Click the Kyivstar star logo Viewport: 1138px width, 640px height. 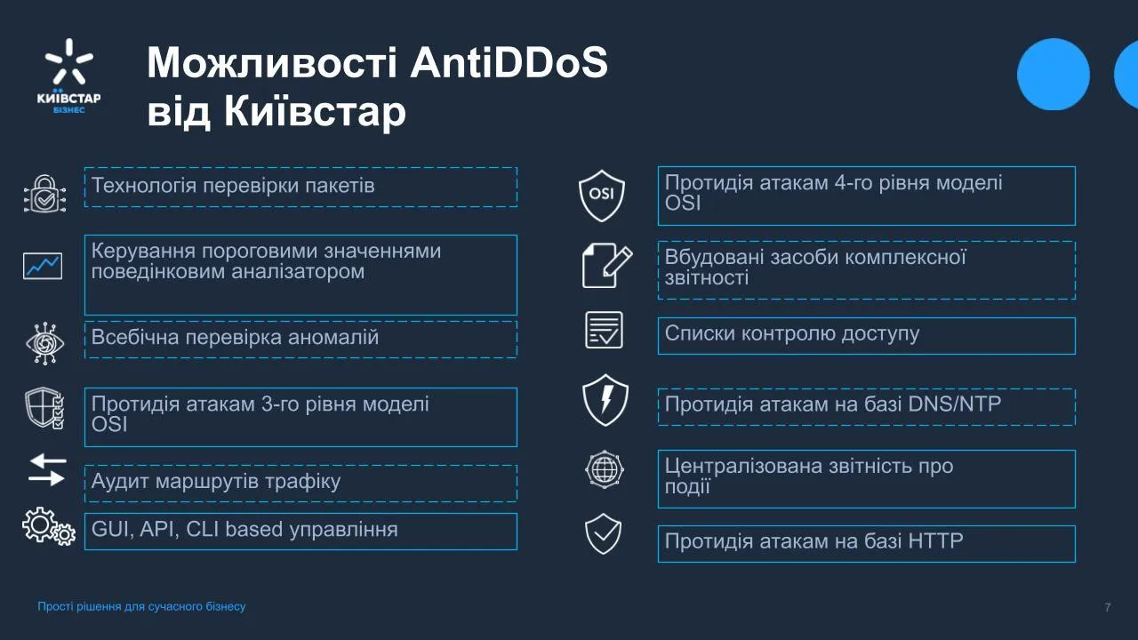coord(69,64)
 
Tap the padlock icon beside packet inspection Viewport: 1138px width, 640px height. coord(43,193)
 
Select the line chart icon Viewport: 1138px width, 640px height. coord(43,265)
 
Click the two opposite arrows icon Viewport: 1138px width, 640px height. coord(46,470)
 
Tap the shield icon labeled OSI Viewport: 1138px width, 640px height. coord(602,195)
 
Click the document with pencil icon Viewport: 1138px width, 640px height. coord(606,266)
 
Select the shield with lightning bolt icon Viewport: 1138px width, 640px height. coord(605,399)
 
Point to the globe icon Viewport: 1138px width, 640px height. coord(605,470)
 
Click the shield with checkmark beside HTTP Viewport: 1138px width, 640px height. coord(603,534)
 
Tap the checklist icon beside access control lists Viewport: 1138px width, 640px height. coord(604,331)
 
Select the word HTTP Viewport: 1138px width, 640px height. coord(935,541)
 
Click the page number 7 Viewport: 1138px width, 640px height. coord(1107,607)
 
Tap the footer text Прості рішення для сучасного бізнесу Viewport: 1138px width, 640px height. coord(141,607)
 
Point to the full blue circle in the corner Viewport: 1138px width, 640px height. coord(1054,75)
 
